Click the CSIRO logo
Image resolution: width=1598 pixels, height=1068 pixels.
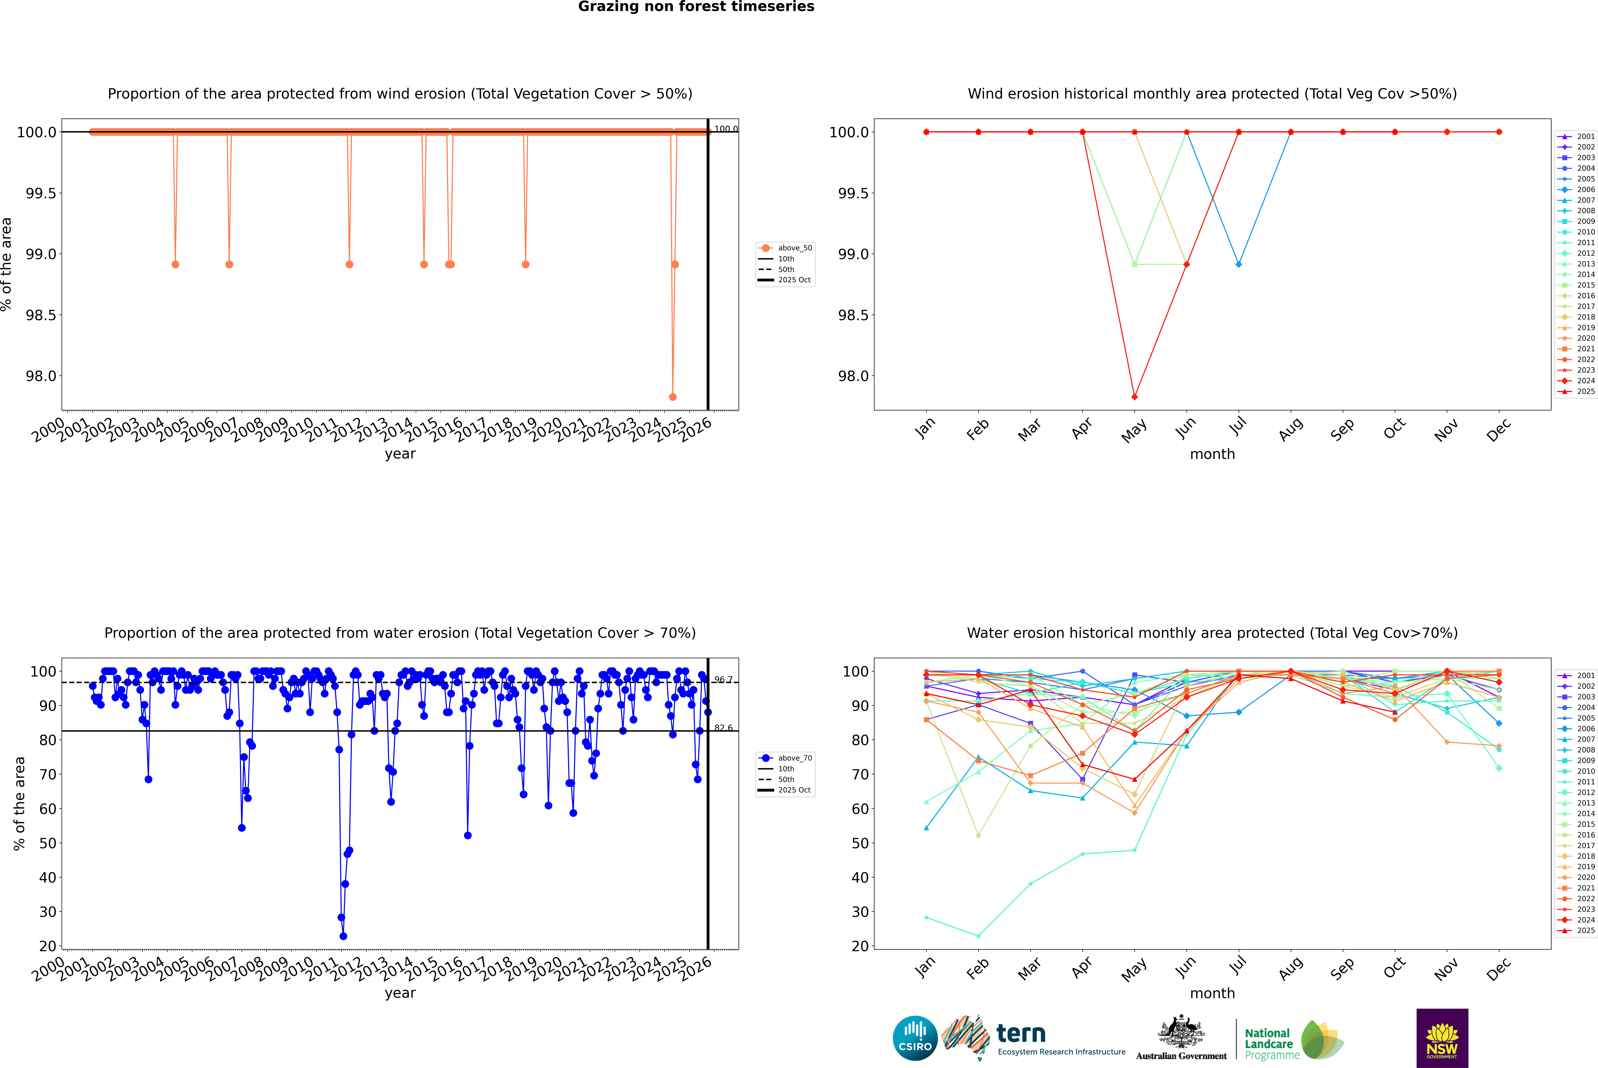pyautogui.click(x=915, y=1038)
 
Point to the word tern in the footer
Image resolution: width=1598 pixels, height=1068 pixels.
pyautogui.click(x=1020, y=1033)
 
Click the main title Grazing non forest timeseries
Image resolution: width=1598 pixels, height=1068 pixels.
pyautogui.click(x=696, y=7)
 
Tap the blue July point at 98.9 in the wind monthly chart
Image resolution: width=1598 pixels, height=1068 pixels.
pyautogui.click(x=1238, y=264)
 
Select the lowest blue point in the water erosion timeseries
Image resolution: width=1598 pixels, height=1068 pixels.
pyautogui.click(x=343, y=936)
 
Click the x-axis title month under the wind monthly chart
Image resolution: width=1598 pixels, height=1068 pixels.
pyautogui.click(x=1212, y=454)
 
